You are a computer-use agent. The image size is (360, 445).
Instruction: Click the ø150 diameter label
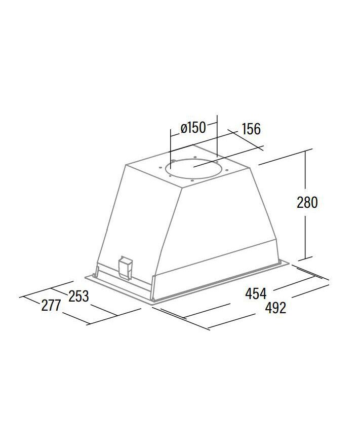pos(193,128)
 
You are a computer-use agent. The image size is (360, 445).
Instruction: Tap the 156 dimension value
pos(251,129)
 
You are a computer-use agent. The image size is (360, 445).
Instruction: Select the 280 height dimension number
pos(307,203)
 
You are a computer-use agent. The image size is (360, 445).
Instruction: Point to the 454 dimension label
pos(256,293)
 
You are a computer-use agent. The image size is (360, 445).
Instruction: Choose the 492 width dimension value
pos(275,307)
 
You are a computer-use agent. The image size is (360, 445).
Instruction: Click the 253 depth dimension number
pos(78,296)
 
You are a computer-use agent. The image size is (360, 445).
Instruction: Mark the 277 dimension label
pos(51,306)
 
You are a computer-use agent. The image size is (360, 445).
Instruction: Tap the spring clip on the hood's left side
pos(125,268)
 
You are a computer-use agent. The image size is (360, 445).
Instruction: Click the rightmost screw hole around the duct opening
pos(227,170)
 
